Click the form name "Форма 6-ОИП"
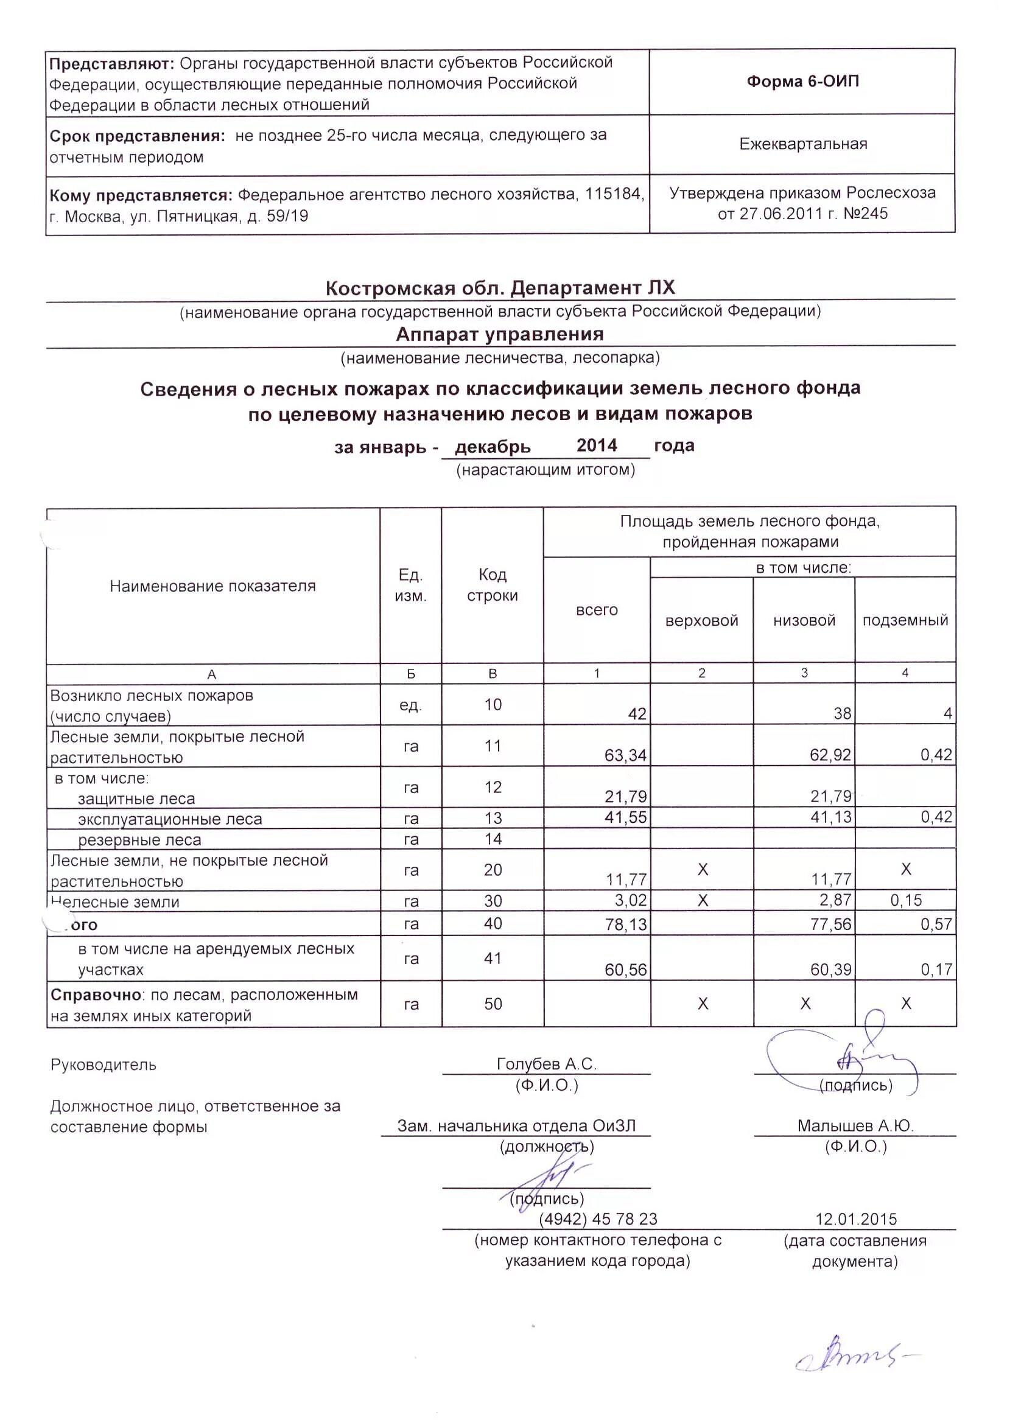point(803,82)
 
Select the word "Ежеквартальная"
point(803,144)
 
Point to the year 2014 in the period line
point(597,446)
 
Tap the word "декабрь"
point(493,447)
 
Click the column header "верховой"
point(701,621)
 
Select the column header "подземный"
point(905,621)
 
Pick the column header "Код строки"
point(493,585)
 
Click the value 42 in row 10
point(637,714)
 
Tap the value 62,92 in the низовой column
point(830,755)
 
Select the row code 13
point(493,818)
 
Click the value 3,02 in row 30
point(630,900)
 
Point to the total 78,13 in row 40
point(626,924)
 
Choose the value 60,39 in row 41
point(831,970)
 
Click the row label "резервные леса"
point(139,840)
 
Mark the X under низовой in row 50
point(805,1004)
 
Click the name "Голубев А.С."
point(546,1064)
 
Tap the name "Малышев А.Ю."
point(855,1125)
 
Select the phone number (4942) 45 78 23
point(597,1219)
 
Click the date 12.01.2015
point(856,1219)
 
